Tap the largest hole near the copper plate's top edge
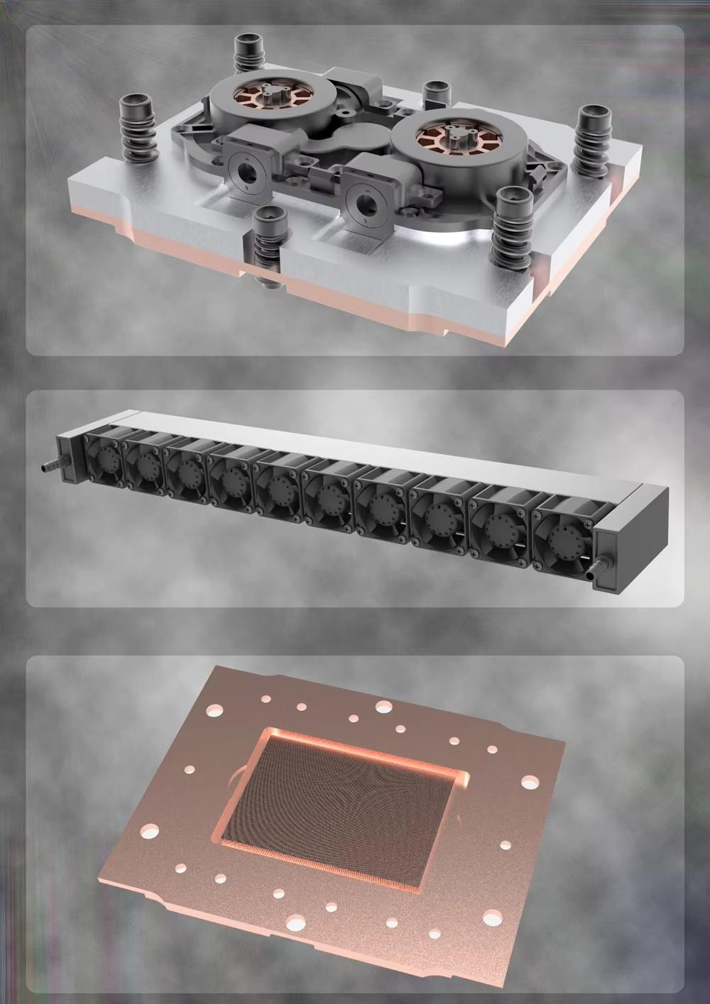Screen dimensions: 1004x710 [x=384, y=707]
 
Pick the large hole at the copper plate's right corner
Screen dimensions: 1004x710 [x=529, y=782]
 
